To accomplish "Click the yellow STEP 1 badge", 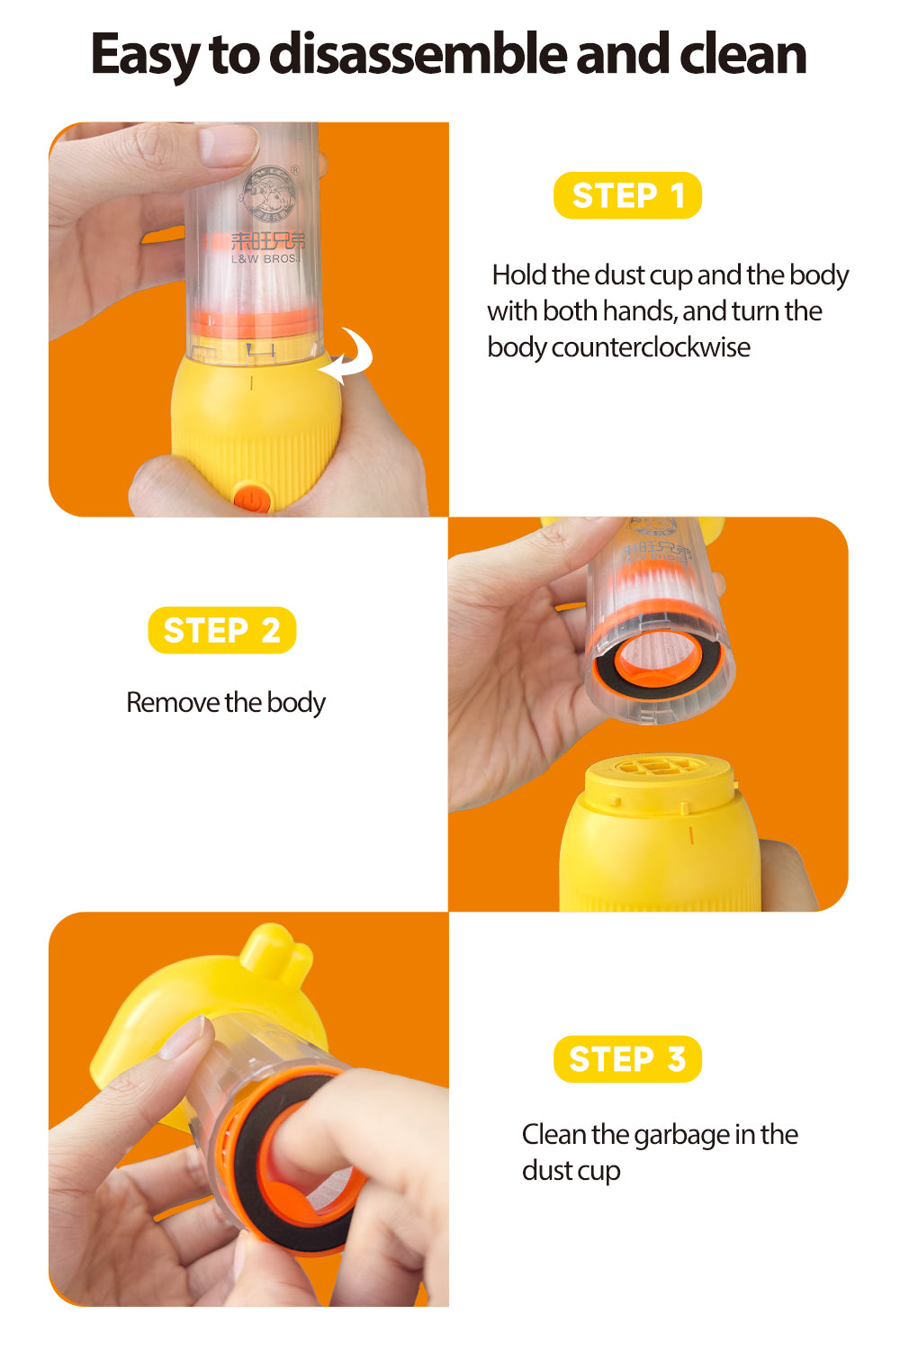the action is (x=627, y=195).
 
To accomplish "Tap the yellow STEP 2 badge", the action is (x=221, y=630).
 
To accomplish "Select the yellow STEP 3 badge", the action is (x=627, y=1059).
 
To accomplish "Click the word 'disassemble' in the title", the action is (x=417, y=54).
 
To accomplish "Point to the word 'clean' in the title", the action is (x=742, y=54).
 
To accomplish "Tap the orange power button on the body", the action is (x=252, y=499).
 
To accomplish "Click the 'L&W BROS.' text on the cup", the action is (x=264, y=258).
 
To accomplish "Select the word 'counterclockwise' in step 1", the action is (x=651, y=347).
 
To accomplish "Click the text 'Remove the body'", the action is (x=226, y=703).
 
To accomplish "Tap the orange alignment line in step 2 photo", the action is (x=691, y=835).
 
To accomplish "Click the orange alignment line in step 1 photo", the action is (x=251, y=382).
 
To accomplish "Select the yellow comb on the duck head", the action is (x=276, y=948).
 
